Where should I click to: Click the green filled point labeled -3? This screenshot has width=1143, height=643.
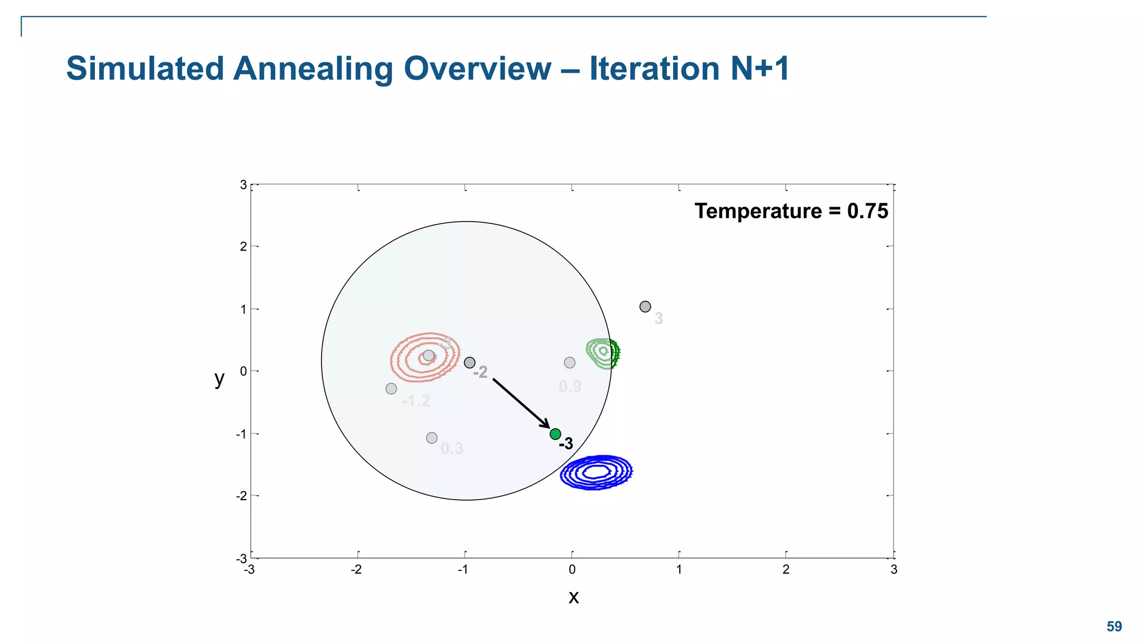click(x=555, y=434)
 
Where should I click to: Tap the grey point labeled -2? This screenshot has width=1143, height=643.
click(x=470, y=363)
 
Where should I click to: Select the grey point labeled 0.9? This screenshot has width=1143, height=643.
click(x=569, y=363)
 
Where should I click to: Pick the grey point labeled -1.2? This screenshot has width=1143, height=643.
click(x=391, y=388)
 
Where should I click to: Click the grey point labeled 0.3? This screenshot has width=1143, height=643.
click(x=431, y=438)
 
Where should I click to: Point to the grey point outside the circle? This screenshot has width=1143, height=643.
click(x=645, y=306)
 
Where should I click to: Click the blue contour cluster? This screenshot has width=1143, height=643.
click(x=597, y=473)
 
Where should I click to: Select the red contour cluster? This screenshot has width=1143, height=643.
click(x=425, y=357)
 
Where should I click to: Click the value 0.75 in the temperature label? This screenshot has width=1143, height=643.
click(x=867, y=212)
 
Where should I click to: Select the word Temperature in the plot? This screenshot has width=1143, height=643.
click(x=758, y=212)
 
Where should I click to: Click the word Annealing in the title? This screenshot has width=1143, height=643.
click(x=313, y=69)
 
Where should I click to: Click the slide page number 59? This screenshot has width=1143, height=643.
click(x=1114, y=627)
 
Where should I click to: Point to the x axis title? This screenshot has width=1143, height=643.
click(x=573, y=597)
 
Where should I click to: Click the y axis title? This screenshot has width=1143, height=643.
click(x=219, y=378)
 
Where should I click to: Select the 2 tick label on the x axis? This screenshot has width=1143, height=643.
click(x=786, y=570)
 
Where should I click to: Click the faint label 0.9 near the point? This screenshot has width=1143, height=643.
click(x=570, y=387)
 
